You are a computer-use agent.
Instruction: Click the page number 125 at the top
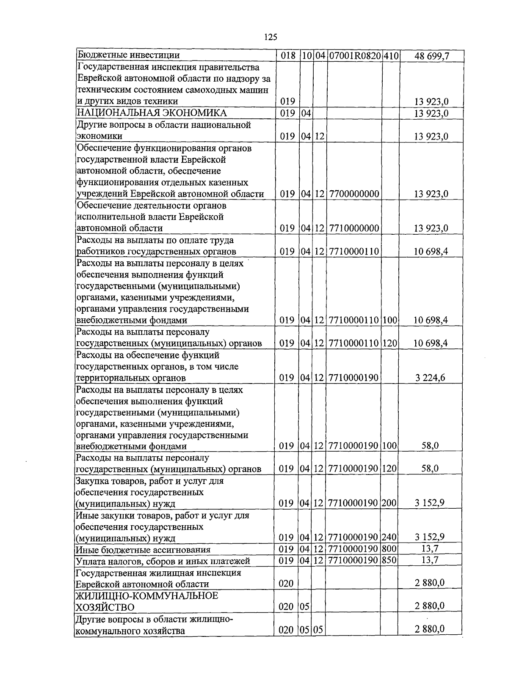(270, 37)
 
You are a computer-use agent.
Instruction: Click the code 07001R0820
(354, 55)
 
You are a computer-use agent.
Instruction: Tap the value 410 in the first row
(391, 55)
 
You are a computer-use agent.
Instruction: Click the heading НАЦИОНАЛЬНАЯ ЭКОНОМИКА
(151, 113)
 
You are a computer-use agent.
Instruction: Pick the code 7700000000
(353, 194)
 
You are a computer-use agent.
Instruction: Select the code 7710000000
(353, 228)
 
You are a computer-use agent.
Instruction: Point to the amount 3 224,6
(430, 378)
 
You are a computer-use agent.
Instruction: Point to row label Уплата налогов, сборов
(163, 561)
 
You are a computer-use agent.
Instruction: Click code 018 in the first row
(288, 55)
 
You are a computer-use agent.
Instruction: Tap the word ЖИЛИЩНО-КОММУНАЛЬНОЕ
(146, 596)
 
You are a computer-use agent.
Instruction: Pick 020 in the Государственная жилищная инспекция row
(286, 584)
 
